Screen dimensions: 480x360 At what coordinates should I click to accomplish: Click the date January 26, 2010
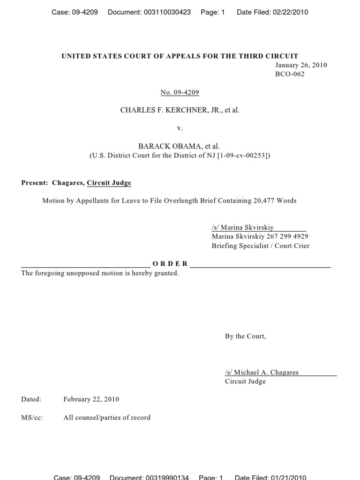coord(301,65)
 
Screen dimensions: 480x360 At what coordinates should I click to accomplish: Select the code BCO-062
coord(290,74)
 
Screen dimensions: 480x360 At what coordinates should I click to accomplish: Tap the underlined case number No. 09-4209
coord(180,92)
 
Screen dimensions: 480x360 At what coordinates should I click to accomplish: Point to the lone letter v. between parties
coord(180,128)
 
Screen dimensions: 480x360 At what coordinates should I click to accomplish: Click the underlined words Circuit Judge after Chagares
coord(109,183)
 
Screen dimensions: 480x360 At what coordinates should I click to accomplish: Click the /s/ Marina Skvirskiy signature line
coord(243,227)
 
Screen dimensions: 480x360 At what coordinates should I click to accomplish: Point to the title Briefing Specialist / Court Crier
coord(261,246)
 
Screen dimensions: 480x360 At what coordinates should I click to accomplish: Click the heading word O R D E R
coord(170,264)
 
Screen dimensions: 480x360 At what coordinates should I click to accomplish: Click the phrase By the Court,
coord(245,336)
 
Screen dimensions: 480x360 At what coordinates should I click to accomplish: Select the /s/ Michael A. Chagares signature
coord(262,372)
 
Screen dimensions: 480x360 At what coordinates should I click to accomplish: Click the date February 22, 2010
coord(91,399)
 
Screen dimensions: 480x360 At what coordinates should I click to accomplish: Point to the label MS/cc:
coord(32,417)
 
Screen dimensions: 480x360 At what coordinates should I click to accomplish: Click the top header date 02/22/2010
coord(290,12)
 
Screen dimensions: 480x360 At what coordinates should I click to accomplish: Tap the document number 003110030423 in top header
coord(165,12)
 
